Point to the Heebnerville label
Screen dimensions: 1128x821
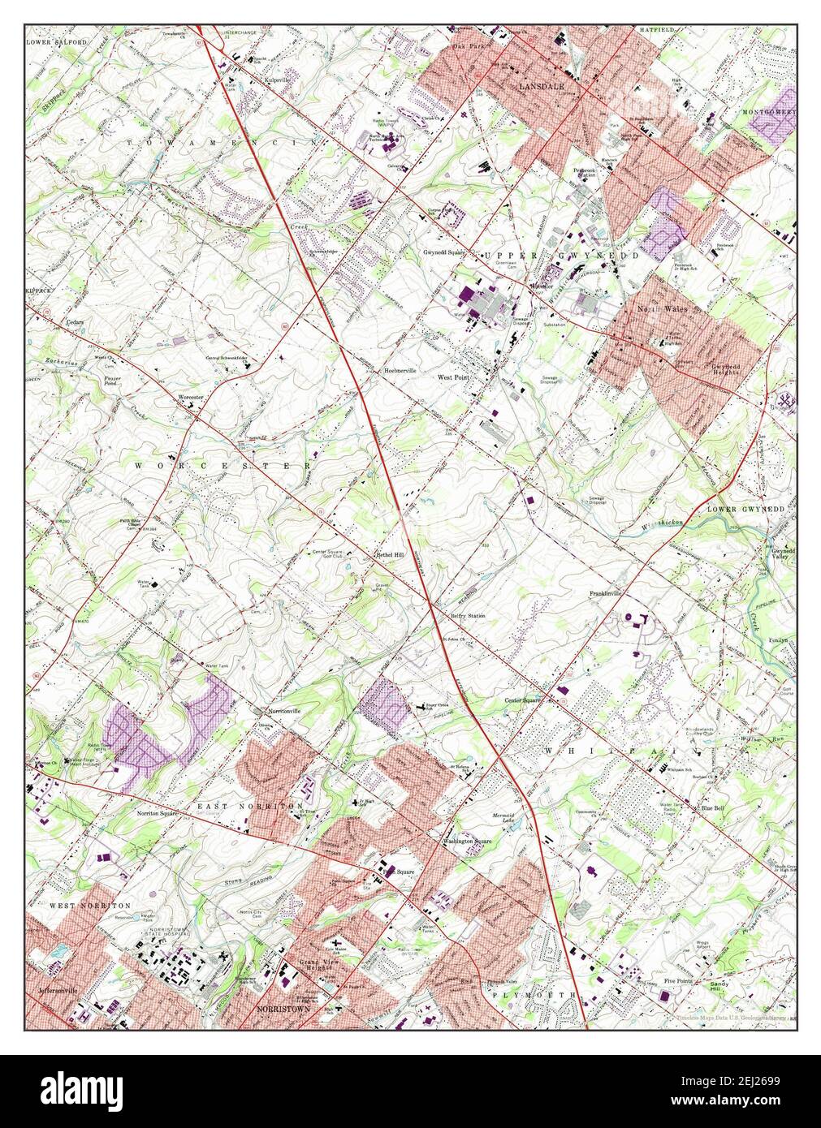tap(400, 370)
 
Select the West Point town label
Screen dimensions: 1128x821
tap(454, 377)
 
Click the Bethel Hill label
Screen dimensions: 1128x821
tap(388, 555)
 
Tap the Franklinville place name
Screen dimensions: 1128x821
tap(605, 594)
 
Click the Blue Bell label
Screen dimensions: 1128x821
tap(713, 808)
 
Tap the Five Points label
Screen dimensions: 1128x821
tap(680, 980)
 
